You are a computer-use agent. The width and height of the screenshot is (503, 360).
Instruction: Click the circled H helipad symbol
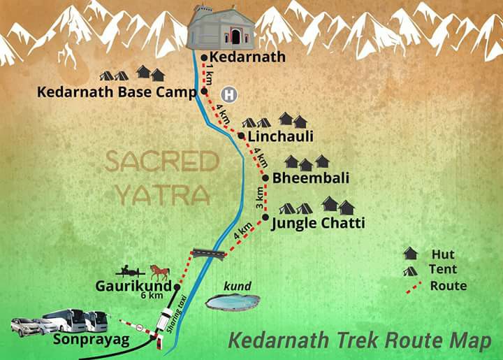point(227,94)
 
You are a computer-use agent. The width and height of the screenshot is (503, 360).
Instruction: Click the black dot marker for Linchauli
point(241,136)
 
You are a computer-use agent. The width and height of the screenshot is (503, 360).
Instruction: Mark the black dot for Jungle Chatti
point(265,217)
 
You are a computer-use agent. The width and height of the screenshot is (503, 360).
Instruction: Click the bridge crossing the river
point(209,253)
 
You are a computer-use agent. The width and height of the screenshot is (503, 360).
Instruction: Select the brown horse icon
point(160,271)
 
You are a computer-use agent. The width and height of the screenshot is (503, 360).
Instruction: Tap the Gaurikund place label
point(133,286)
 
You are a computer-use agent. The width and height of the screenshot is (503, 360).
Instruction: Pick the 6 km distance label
point(153,297)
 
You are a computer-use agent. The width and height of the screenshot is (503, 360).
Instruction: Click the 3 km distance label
point(259,198)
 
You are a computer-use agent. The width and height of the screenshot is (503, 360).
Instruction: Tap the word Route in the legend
point(448,285)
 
